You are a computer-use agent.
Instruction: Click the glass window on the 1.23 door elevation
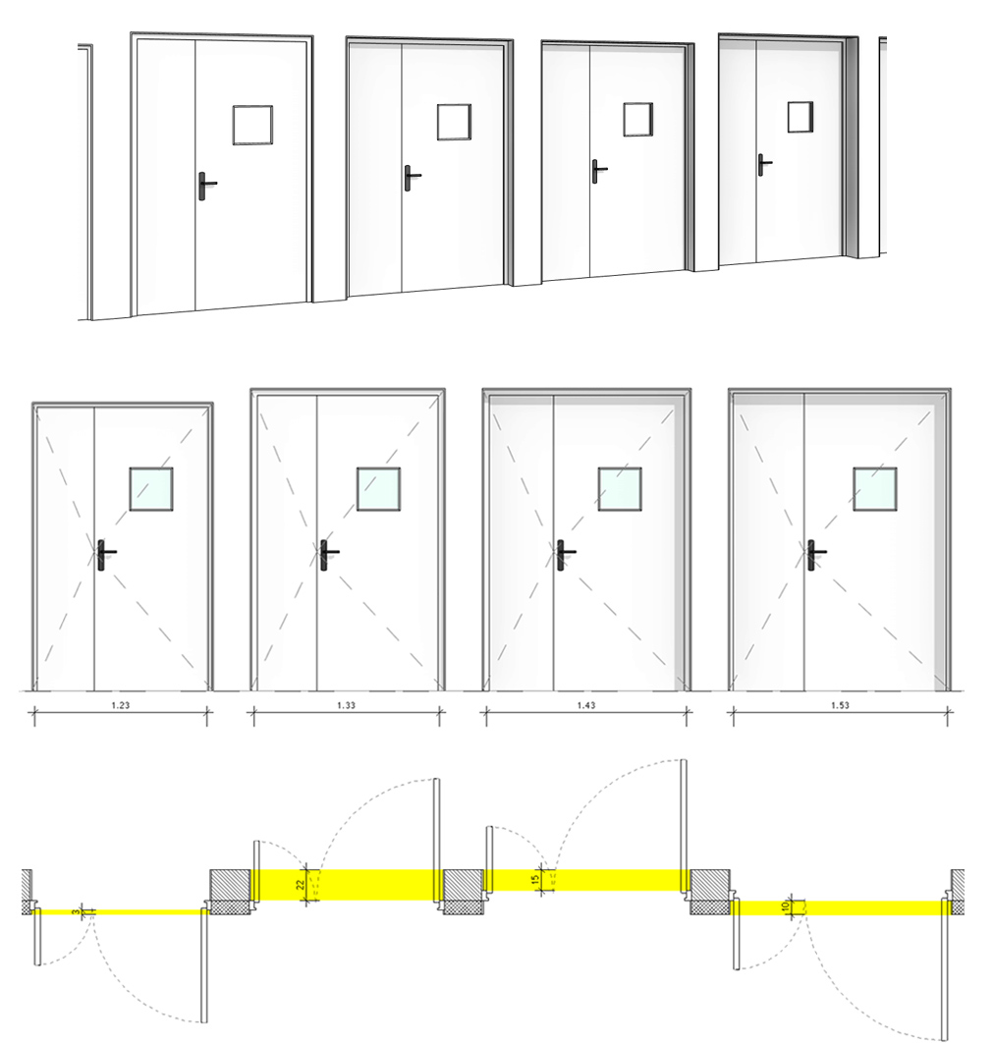(x=151, y=489)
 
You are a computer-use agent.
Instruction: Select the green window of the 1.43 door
(x=620, y=489)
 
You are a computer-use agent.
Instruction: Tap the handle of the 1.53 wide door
(x=814, y=554)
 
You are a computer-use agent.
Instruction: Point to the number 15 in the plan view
(x=535, y=879)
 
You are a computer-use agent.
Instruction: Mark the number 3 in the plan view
(x=75, y=912)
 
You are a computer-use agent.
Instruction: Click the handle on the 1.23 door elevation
(x=103, y=554)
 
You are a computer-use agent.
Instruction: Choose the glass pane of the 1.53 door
(x=874, y=489)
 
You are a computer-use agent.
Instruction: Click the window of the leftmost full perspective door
(x=252, y=125)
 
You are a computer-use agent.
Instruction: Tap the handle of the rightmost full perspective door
(x=762, y=163)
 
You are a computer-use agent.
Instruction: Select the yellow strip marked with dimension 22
(x=373, y=884)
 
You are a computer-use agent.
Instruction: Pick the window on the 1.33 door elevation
(x=378, y=489)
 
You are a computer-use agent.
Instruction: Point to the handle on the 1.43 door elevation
(x=563, y=554)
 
